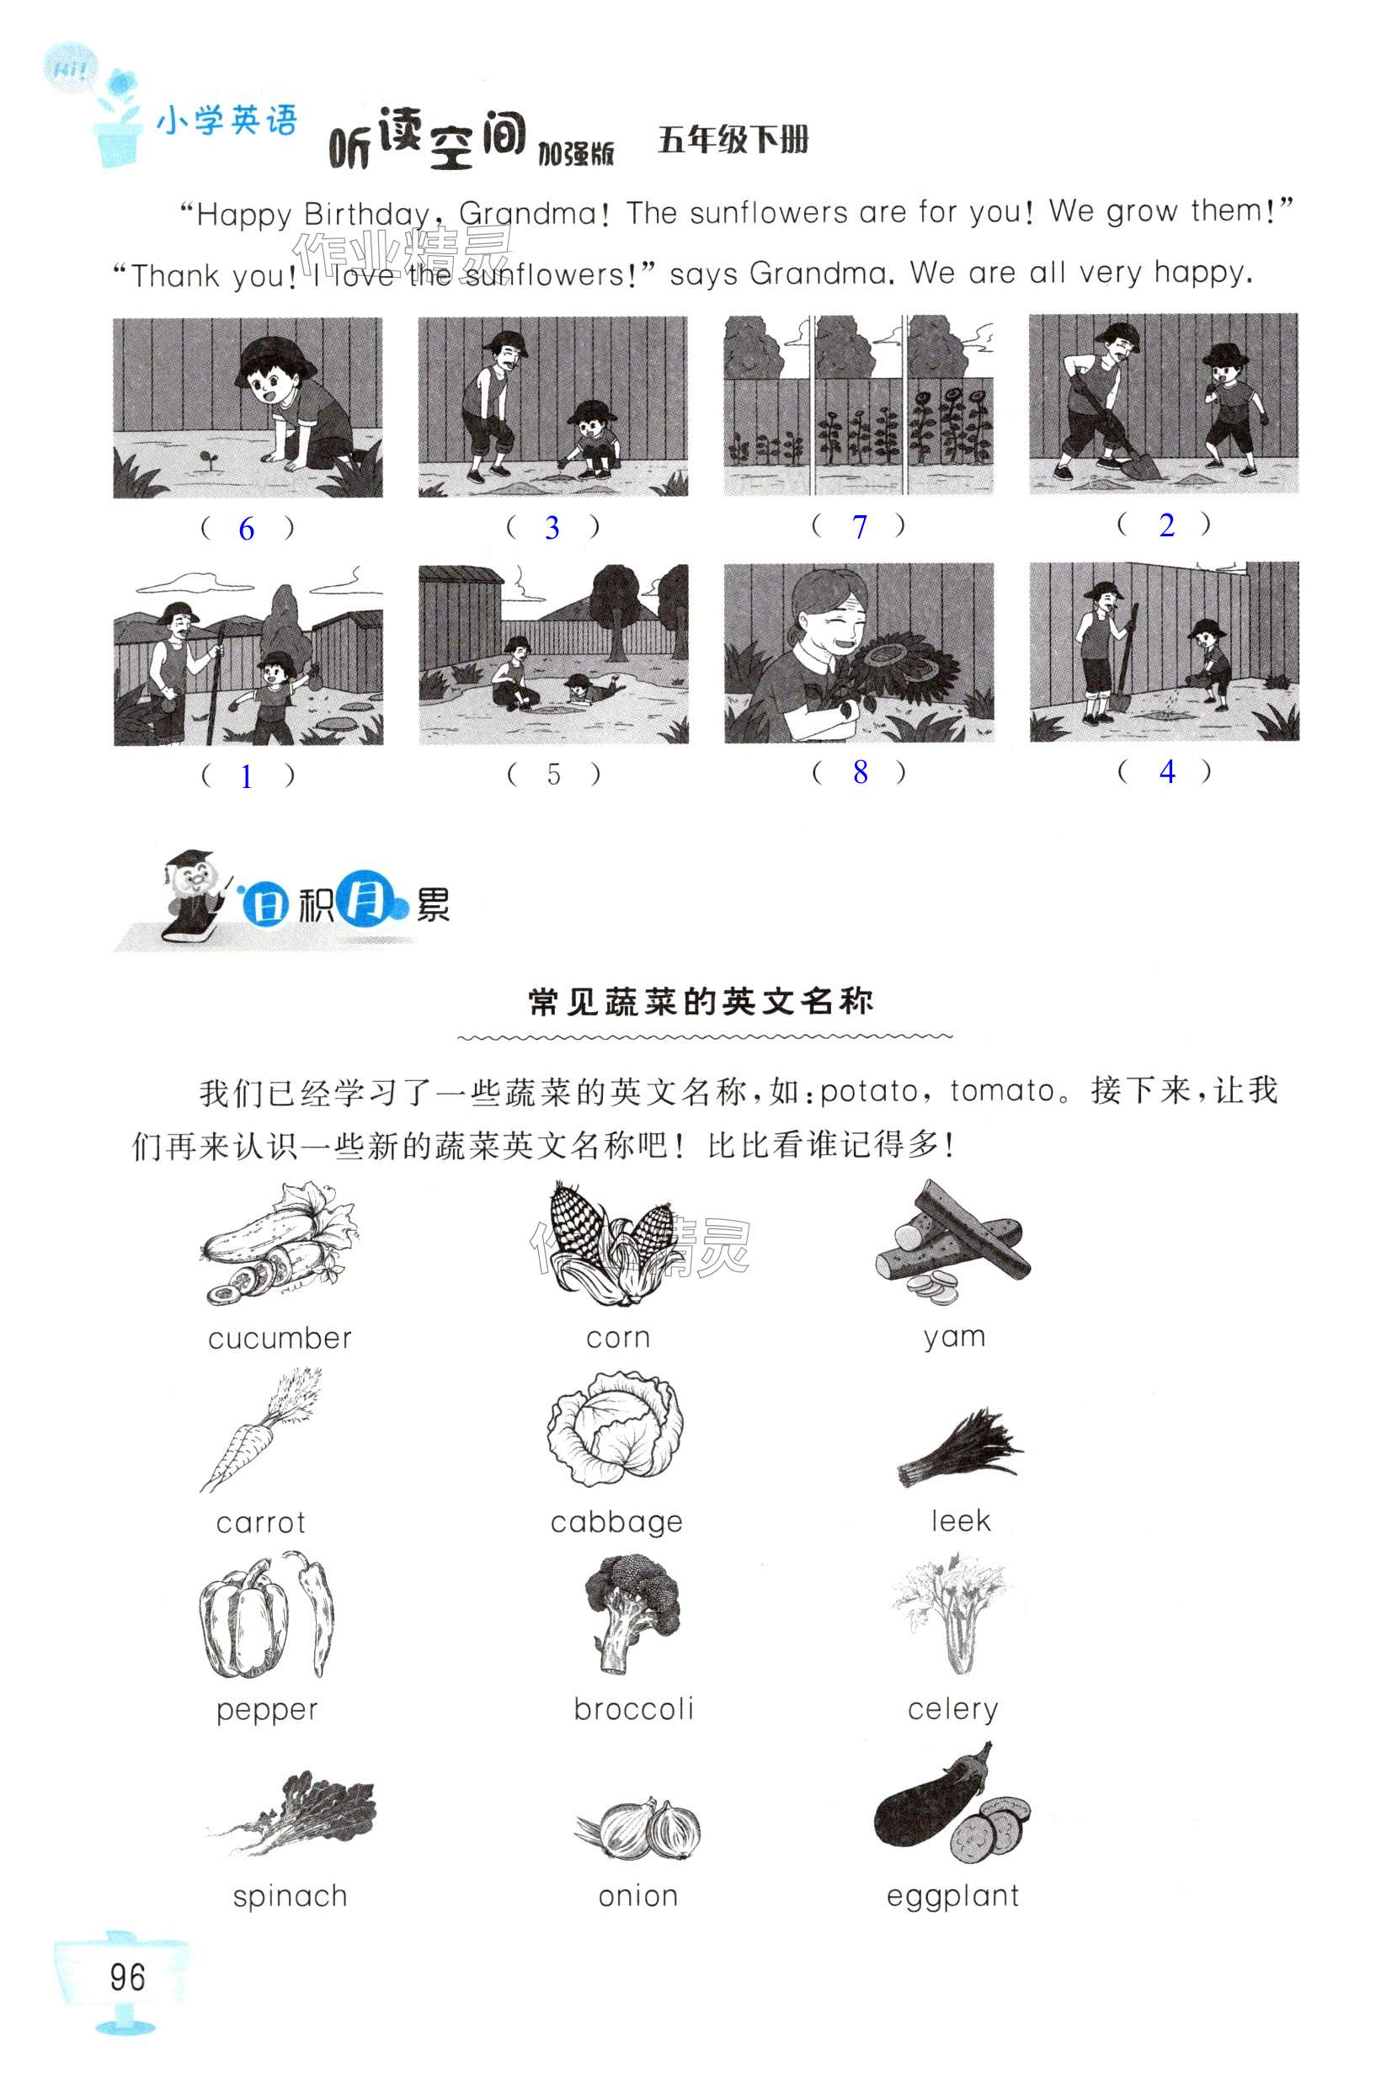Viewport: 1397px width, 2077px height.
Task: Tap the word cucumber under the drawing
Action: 280,1338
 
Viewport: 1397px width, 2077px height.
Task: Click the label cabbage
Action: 616,1522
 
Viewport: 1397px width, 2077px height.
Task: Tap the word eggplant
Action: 952,1895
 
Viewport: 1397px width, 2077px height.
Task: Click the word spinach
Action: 290,1896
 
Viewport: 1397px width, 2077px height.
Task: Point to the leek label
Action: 961,1520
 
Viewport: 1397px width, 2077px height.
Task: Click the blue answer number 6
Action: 247,529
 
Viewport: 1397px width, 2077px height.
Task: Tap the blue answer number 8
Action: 860,772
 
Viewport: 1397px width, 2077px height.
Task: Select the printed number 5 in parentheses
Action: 553,774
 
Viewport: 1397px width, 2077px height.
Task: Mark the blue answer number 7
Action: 860,526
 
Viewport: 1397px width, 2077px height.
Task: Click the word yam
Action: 954,1338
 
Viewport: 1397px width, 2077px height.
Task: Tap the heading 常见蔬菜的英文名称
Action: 701,1002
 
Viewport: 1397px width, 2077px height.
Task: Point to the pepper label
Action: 267,1710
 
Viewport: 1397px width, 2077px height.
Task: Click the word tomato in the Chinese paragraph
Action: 1002,1090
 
